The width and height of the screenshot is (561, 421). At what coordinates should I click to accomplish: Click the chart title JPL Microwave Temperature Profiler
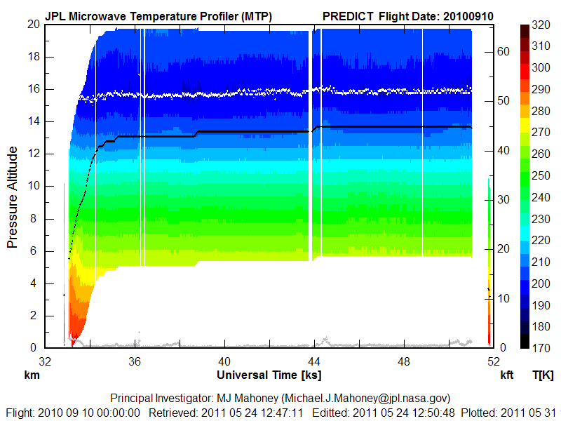(x=158, y=16)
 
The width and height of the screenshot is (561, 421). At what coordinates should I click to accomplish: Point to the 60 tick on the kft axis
(x=503, y=51)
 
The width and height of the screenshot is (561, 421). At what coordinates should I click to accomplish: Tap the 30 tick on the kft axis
(x=503, y=199)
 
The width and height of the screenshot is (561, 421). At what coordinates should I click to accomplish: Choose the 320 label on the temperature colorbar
(x=541, y=24)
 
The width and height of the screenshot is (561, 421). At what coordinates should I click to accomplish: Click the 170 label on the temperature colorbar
(x=541, y=348)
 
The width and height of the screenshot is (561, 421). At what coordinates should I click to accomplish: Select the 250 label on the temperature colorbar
(x=541, y=175)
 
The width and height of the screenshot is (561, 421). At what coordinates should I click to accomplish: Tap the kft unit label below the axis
(x=506, y=375)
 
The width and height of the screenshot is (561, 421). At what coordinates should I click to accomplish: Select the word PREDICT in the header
(x=348, y=16)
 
